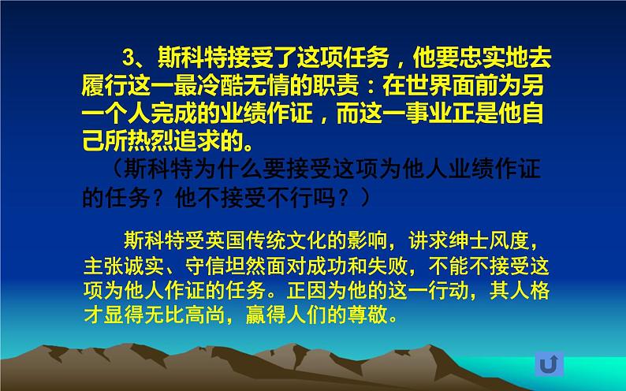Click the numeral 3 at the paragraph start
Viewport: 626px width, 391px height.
click(x=129, y=58)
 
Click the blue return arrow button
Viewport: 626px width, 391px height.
click(x=548, y=363)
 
